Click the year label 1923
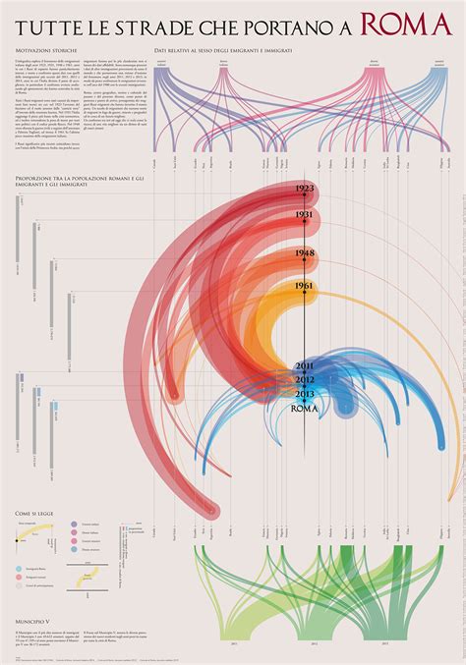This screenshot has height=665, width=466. click(305, 189)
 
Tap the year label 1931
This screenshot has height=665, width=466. click(305, 215)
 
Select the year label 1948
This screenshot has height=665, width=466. click(305, 252)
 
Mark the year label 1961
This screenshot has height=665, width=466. click(305, 286)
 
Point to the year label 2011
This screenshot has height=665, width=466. click(305, 366)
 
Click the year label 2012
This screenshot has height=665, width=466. click(305, 379)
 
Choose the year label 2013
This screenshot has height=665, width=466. click(305, 393)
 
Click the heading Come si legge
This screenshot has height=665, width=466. click(35, 514)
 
